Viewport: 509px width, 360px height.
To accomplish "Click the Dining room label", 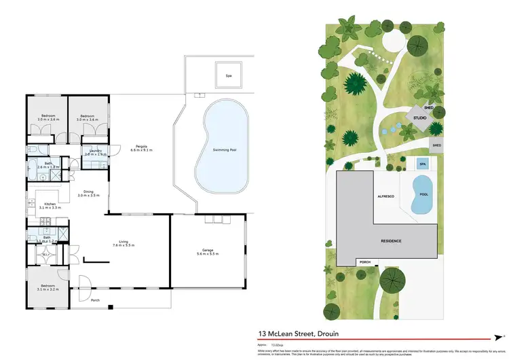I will click(x=88, y=193).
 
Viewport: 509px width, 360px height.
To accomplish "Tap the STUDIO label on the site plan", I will click(x=419, y=120).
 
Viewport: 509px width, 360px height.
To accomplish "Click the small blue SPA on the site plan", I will click(x=422, y=164).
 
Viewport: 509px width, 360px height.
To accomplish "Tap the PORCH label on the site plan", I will click(x=364, y=262).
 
